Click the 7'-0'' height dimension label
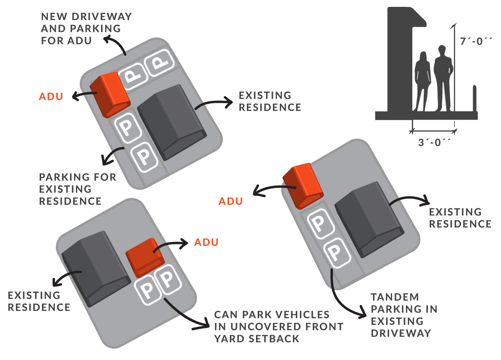(x=476, y=40)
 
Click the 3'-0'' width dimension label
(x=433, y=142)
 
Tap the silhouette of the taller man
(x=442, y=78)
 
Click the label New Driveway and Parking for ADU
(x=86, y=28)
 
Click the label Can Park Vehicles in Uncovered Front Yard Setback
(x=279, y=327)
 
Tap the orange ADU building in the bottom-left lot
(x=144, y=257)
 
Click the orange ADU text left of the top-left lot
(x=51, y=96)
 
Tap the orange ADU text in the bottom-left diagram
(x=206, y=242)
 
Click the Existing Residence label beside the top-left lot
(x=270, y=101)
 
